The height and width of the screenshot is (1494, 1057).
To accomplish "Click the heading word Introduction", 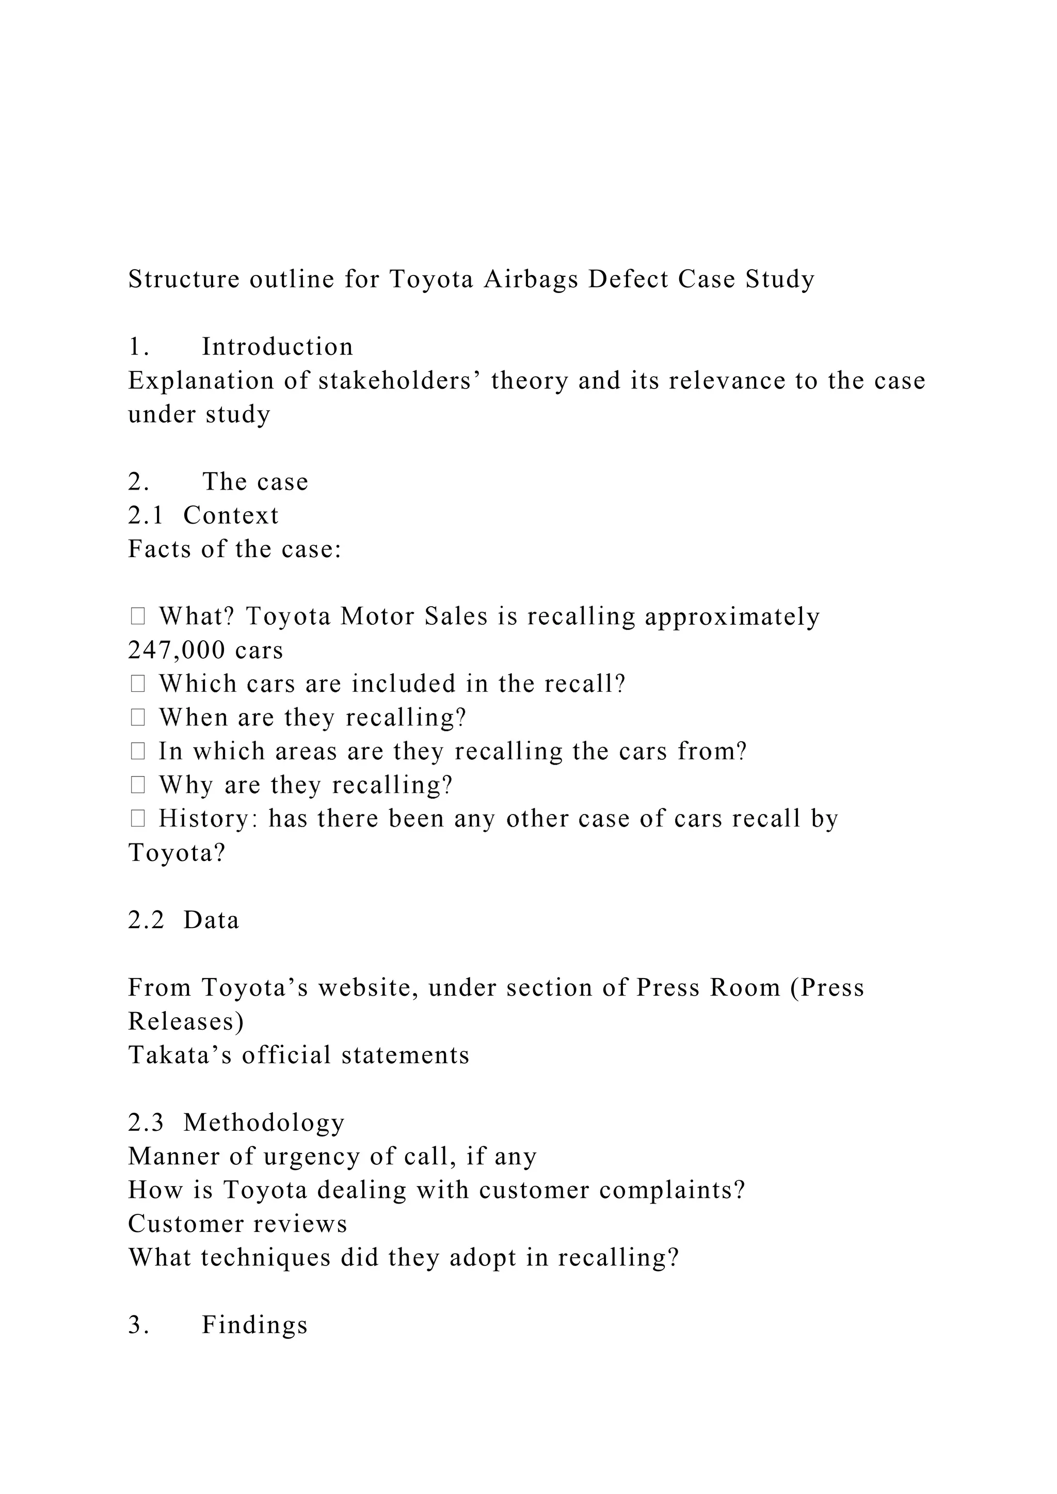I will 277,347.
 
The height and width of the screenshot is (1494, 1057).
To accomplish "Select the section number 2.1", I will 146,515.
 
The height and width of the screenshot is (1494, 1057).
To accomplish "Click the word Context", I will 231,515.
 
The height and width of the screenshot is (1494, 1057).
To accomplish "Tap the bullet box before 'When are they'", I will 137,717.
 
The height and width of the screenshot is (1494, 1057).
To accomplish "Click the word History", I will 209,819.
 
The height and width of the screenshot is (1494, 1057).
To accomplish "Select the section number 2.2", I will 146,920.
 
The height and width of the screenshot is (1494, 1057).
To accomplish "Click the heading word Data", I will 212,920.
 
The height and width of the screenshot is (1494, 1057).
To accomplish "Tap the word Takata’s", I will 180,1055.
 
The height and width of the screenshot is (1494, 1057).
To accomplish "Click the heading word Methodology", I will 264,1123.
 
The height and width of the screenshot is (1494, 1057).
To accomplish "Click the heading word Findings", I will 254,1325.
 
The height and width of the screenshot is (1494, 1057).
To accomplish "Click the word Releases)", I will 186,1021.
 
